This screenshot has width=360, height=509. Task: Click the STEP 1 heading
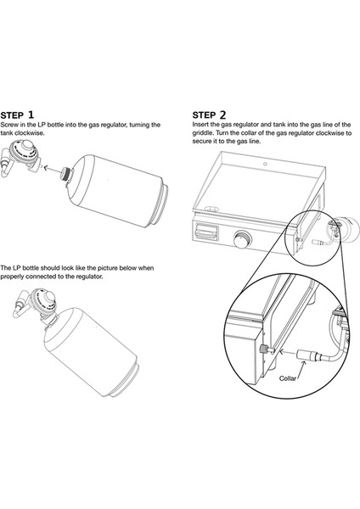pyautogui.click(x=17, y=115)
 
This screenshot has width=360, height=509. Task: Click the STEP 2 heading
pyautogui.click(x=209, y=115)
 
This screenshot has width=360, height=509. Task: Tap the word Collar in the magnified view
pyautogui.click(x=288, y=378)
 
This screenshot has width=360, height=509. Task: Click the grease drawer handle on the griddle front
pyautogui.click(x=206, y=232)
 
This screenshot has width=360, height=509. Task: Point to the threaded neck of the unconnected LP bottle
pyautogui.click(x=66, y=174)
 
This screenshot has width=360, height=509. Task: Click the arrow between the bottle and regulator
pyautogui.click(x=52, y=169)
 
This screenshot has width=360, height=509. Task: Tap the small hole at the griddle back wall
pyautogui.click(x=265, y=164)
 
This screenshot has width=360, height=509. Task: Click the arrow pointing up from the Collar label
pyautogui.click(x=302, y=369)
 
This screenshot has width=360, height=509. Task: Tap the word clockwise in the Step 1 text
pyautogui.click(x=29, y=133)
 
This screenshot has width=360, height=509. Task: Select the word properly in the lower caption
pyautogui.click(x=12, y=277)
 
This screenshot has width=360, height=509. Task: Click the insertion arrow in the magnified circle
pyautogui.click(x=287, y=351)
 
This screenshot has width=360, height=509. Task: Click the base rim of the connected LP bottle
pyautogui.click(x=127, y=379)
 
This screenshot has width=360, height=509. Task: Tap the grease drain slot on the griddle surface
pyautogui.click(x=211, y=208)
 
